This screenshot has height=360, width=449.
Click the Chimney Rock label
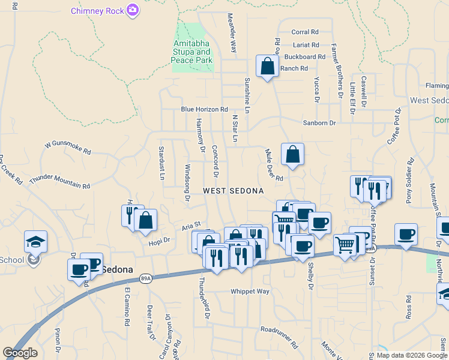click(98, 11)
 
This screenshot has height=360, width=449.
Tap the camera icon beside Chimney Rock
click(133, 10)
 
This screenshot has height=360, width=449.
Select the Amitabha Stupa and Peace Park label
click(193, 52)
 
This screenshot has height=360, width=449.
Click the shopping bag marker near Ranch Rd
click(267, 66)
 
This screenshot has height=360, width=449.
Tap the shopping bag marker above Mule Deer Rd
click(292, 154)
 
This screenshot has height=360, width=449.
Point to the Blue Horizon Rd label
click(205, 110)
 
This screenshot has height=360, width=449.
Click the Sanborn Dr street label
click(318, 122)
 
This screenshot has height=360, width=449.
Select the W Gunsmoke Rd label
click(68, 145)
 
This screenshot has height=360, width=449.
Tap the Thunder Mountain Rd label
click(59, 182)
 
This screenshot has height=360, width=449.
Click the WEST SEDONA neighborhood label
click(233, 191)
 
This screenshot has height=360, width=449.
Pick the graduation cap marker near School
click(35, 241)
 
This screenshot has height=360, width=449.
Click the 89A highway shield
click(145, 278)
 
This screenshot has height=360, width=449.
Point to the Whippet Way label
click(250, 292)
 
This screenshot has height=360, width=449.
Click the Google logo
click(20, 353)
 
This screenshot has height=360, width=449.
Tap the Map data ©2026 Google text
click(412, 355)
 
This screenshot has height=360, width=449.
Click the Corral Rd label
click(304, 32)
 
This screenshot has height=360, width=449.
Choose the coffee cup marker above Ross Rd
click(406, 233)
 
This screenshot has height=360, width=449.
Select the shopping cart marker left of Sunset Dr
click(345, 244)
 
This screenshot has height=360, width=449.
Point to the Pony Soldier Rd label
click(410, 181)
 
